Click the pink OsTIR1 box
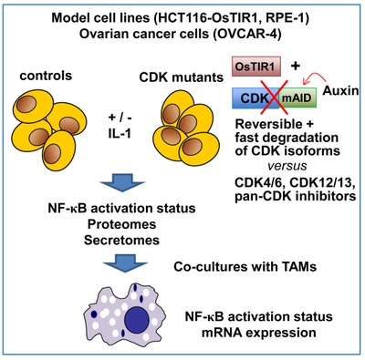tap(256, 67)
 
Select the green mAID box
tap(298, 98)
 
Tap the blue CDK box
tap(255, 98)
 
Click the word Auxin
tap(340, 90)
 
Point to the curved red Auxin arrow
tap(315, 76)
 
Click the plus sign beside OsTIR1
tap(295, 66)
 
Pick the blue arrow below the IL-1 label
tap(122, 182)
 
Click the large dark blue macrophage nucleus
tap(138, 320)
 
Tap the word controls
tap(46, 76)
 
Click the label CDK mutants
tap(182, 77)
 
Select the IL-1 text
tap(120, 133)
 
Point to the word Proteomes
tap(122, 224)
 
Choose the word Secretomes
tap(122, 240)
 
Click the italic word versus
tap(287, 166)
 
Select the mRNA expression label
tap(259, 333)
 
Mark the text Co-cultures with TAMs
tap(245, 266)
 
